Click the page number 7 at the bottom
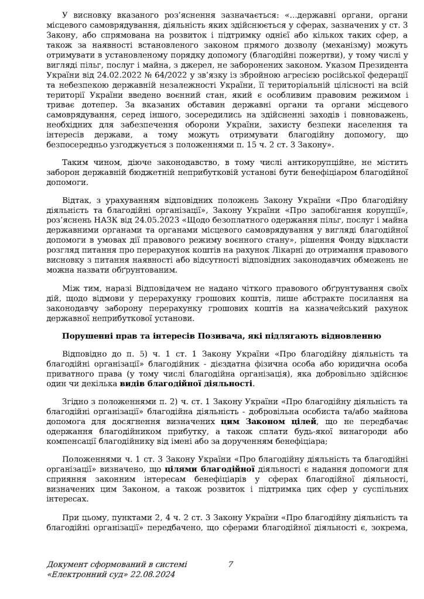pyautogui.click(x=231, y=564)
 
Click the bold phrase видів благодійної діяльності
pyautogui.click(x=187, y=384)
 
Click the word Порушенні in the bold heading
pyautogui.click(x=86, y=336)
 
